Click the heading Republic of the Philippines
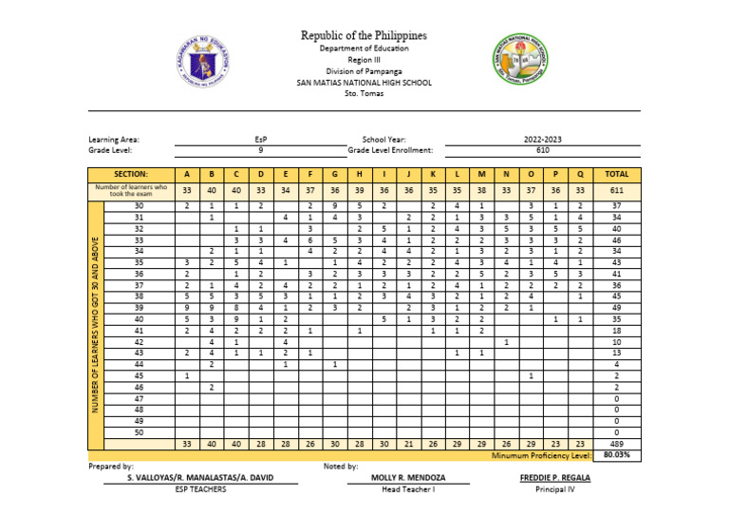pyautogui.click(x=364, y=35)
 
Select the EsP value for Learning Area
pyautogui.click(x=260, y=139)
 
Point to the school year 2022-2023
pyautogui.click(x=543, y=139)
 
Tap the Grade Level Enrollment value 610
pyautogui.click(x=543, y=150)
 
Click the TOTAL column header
pyautogui.click(x=617, y=175)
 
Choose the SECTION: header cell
pyautogui.click(x=131, y=175)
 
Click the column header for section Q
pyautogui.click(x=579, y=175)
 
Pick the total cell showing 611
pyautogui.click(x=617, y=190)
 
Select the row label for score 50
pyautogui.click(x=139, y=432)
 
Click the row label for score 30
pyautogui.click(x=139, y=205)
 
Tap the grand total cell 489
pyautogui.click(x=617, y=444)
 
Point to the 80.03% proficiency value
pyautogui.click(x=617, y=455)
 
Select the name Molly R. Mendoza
pyautogui.click(x=408, y=478)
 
